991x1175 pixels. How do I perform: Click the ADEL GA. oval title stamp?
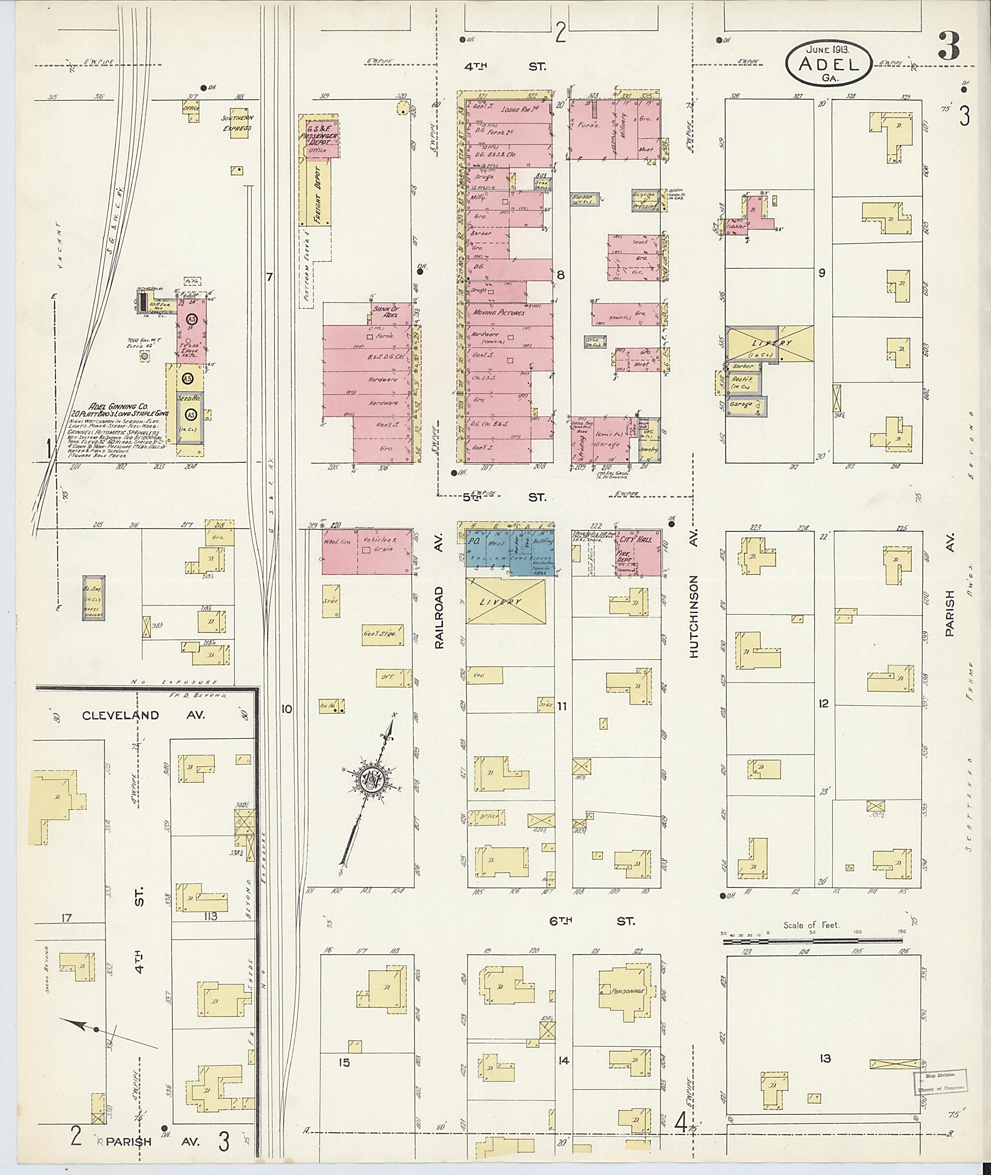pyautogui.click(x=828, y=65)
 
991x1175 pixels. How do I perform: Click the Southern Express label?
pyautogui.click(x=237, y=123)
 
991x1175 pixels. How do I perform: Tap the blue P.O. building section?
pyautogui.click(x=473, y=542)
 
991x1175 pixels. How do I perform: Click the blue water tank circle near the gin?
pyautogui.click(x=145, y=356)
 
